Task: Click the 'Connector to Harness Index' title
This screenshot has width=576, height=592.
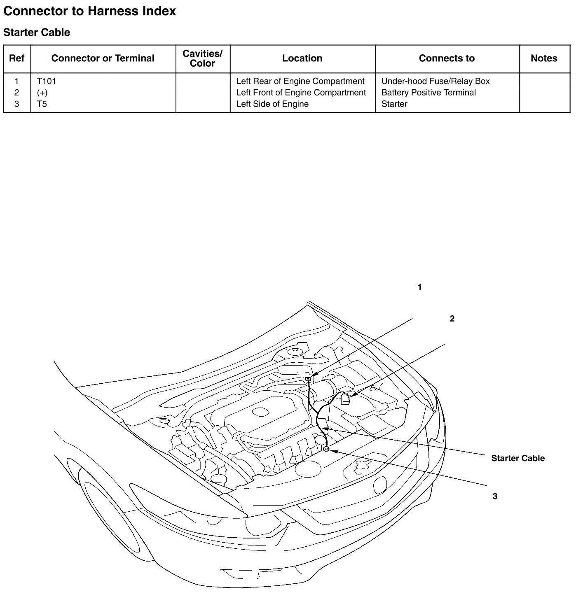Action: [x=89, y=11]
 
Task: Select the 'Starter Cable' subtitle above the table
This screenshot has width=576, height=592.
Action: [x=37, y=33]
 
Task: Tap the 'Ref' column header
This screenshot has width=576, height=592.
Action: [x=16, y=58]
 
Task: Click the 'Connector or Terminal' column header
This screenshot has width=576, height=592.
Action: [x=103, y=58]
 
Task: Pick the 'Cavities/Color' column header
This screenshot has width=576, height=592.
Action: [x=202, y=58]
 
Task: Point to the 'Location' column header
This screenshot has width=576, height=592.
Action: [x=302, y=58]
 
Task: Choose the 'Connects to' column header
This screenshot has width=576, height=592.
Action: [x=447, y=58]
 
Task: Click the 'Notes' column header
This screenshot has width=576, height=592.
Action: [x=544, y=58]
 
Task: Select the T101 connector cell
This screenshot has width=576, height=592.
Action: [x=46, y=81]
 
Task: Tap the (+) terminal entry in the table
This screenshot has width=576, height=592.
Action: [x=42, y=93]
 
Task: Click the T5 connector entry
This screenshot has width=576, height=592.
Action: [x=42, y=104]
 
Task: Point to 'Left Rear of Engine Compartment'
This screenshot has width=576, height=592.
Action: [x=300, y=81]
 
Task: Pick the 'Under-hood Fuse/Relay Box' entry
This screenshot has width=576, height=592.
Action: [x=436, y=81]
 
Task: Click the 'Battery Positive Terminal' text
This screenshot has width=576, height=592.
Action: [x=428, y=93]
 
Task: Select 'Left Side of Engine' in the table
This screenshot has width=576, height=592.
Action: [x=272, y=104]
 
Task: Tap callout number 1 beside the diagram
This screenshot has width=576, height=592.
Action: [x=420, y=287]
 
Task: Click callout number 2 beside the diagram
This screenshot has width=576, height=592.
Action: [x=452, y=319]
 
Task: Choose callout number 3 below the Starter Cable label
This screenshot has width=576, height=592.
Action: [x=495, y=496]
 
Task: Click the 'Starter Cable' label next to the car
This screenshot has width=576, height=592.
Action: [x=517, y=458]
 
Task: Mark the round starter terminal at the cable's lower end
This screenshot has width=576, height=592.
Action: [x=326, y=449]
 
